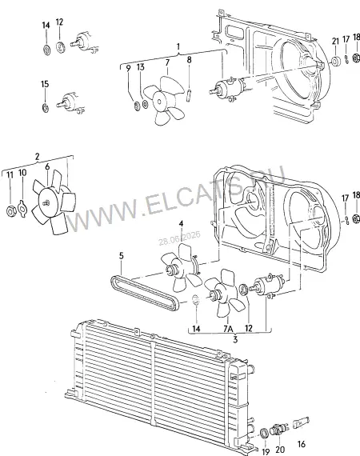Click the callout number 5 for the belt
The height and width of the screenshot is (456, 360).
pos(122,256)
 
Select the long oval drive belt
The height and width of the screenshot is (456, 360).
pos(145,293)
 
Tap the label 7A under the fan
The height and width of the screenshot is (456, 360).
pos(228,329)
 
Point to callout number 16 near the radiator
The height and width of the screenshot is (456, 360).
pos(302,444)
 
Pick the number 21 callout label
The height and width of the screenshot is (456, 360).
pos(335,41)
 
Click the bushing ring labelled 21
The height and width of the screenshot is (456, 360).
pos(337,62)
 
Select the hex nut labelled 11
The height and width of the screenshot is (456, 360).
pos(10,211)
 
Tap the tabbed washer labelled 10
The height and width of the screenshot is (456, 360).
pos(22,208)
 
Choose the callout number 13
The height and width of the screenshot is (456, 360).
pos(141,67)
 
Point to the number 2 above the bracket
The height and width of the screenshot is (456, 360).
pos(37,157)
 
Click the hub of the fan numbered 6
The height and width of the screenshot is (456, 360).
pos(46,202)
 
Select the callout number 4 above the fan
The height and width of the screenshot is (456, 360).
pos(181,223)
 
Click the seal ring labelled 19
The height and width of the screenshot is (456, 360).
pos(265,434)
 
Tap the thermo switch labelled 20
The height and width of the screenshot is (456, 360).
pos(278,430)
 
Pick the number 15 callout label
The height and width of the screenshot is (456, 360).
pos(45,84)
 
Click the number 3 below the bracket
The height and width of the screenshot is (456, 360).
pos(235,339)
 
